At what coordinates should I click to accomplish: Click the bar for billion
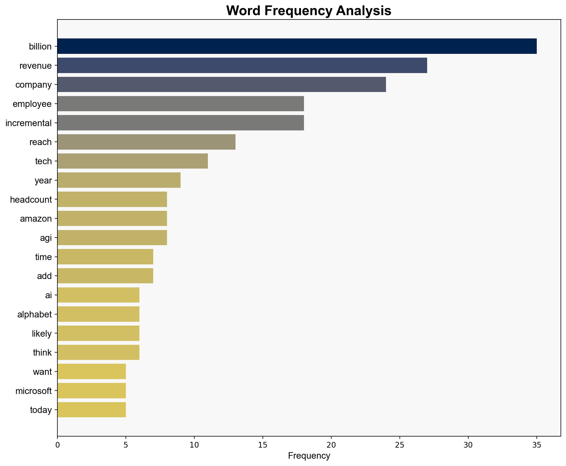(x=297, y=46)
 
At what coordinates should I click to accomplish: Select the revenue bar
(x=242, y=65)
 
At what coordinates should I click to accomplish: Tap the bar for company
(x=221, y=84)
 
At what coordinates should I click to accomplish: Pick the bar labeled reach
(x=146, y=142)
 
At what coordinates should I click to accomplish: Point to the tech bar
(x=132, y=161)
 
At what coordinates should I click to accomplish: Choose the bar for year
(x=119, y=180)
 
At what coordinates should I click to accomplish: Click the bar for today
(x=91, y=410)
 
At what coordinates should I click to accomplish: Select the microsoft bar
(x=91, y=391)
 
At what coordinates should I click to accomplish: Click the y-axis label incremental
(x=28, y=123)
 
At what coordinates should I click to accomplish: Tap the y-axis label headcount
(x=31, y=200)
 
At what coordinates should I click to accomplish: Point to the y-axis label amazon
(x=36, y=219)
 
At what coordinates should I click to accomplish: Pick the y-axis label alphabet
(x=34, y=314)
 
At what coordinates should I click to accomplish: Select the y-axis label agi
(x=46, y=238)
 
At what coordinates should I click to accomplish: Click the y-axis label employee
(x=32, y=104)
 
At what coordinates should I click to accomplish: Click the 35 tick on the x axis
(x=536, y=445)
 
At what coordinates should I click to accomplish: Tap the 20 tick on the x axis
(x=331, y=445)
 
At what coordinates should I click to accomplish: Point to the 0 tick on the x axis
(x=57, y=445)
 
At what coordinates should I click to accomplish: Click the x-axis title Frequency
(x=309, y=456)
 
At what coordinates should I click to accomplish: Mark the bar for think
(x=98, y=352)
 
